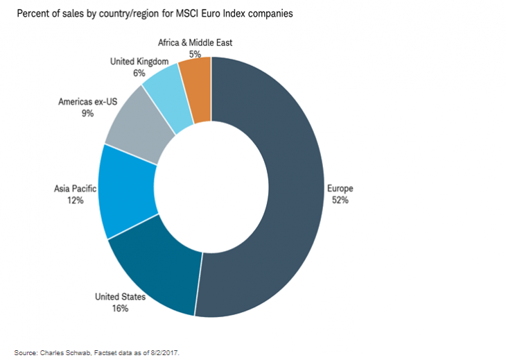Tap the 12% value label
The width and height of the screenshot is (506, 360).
(76, 200)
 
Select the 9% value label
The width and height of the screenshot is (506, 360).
(87, 113)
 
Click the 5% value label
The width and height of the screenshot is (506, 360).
(194, 53)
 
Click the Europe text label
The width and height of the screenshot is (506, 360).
(340, 189)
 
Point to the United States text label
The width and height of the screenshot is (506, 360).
(121, 297)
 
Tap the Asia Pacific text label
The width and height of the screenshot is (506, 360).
(76, 189)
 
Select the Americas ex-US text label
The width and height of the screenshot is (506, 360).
(87, 101)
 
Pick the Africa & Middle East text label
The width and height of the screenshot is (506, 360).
(195, 42)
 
